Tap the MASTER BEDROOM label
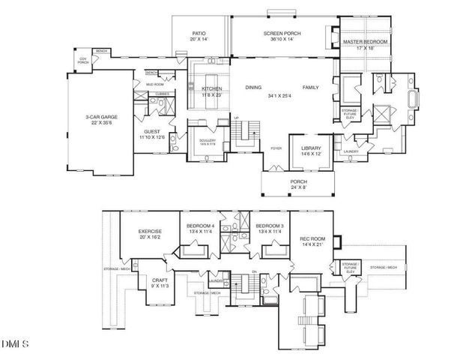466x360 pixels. [x=365, y=42]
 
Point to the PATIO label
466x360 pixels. [x=199, y=34]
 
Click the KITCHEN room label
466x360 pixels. [x=212, y=88]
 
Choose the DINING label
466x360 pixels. [x=253, y=88]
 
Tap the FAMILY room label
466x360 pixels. [x=310, y=88]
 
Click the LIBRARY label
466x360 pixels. [x=311, y=148]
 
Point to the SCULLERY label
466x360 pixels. [x=208, y=140]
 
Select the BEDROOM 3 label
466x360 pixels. [x=269, y=226]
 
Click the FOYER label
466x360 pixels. [x=276, y=148]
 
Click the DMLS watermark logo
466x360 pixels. [x=15, y=344]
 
